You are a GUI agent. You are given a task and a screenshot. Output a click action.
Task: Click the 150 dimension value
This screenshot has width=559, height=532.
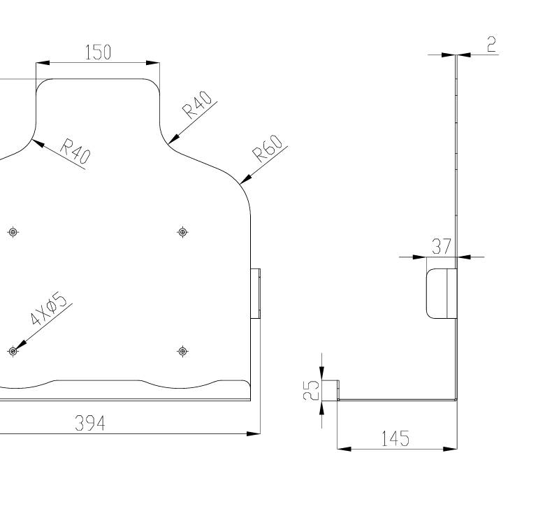point(98,52)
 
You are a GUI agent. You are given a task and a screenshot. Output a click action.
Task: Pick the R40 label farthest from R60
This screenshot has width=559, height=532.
point(75,152)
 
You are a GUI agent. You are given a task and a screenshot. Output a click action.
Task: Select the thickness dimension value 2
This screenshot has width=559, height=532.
point(491,44)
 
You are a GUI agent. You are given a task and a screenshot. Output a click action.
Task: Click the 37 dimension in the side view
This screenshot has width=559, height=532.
point(441,247)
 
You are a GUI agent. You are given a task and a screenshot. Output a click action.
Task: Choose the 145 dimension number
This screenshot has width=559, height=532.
point(395,439)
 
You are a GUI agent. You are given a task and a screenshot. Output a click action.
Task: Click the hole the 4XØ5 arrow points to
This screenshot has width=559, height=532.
point(12,350)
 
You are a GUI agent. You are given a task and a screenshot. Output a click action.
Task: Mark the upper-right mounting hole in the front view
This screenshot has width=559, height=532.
point(183,231)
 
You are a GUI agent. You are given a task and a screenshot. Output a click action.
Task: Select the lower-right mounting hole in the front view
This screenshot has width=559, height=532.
point(182,350)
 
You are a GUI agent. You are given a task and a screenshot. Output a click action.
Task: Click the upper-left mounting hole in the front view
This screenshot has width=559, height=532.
point(12,231)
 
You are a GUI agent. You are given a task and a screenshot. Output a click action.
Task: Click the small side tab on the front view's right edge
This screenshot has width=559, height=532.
point(256,294)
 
